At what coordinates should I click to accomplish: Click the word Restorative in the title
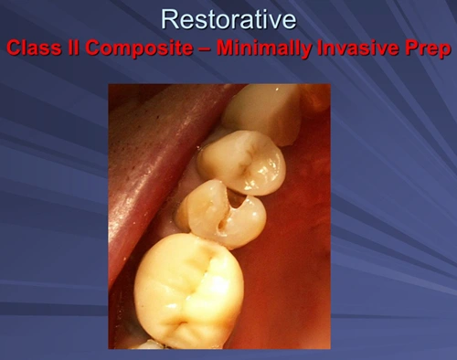coord(228,17)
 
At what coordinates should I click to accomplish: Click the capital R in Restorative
coord(169,17)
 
